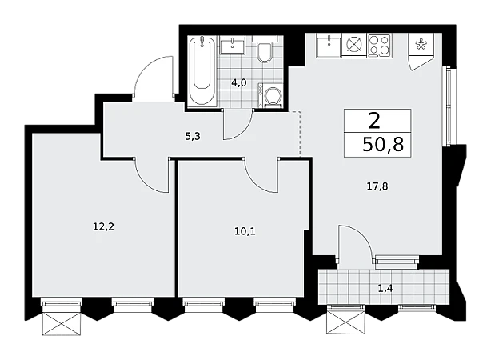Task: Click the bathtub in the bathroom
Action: click(x=202, y=71)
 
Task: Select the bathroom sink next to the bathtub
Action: click(x=232, y=45)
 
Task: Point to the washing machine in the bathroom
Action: click(x=270, y=95)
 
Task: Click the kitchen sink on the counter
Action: click(x=329, y=46)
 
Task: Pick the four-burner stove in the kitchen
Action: click(x=379, y=46)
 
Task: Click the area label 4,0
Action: click(x=239, y=83)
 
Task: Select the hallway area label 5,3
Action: click(x=193, y=137)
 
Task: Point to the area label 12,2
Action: click(x=104, y=226)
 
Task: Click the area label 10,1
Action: click(x=245, y=231)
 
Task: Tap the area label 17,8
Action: click(x=377, y=186)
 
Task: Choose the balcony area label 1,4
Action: click(x=385, y=288)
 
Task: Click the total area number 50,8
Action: click(x=383, y=145)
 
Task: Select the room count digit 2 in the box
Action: click(x=374, y=121)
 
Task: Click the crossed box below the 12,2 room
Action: click(x=62, y=324)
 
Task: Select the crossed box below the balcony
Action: click(x=345, y=322)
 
